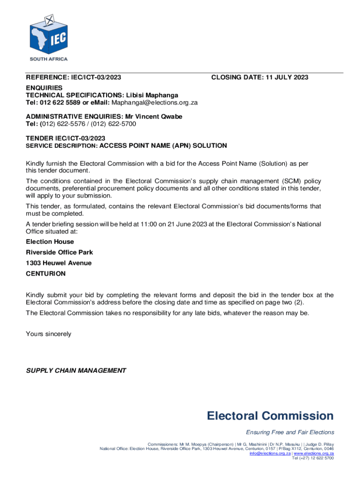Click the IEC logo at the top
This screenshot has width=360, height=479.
(48, 33)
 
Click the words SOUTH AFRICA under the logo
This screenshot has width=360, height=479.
(49, 59)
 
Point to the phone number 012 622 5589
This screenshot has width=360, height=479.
(61, 102)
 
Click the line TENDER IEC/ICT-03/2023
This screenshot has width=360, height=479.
(65, 138)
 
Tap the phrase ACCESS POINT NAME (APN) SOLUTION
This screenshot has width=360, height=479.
(164, 145)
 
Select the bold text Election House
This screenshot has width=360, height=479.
(50, 242)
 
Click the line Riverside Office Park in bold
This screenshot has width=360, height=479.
(59, 252)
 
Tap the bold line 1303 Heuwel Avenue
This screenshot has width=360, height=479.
(58, 263)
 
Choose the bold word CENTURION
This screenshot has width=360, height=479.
(46, 273)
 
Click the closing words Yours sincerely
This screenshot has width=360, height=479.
(49, 334)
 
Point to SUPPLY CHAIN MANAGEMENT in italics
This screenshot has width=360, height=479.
(76, 370)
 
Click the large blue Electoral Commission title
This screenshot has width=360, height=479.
(270, 416)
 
